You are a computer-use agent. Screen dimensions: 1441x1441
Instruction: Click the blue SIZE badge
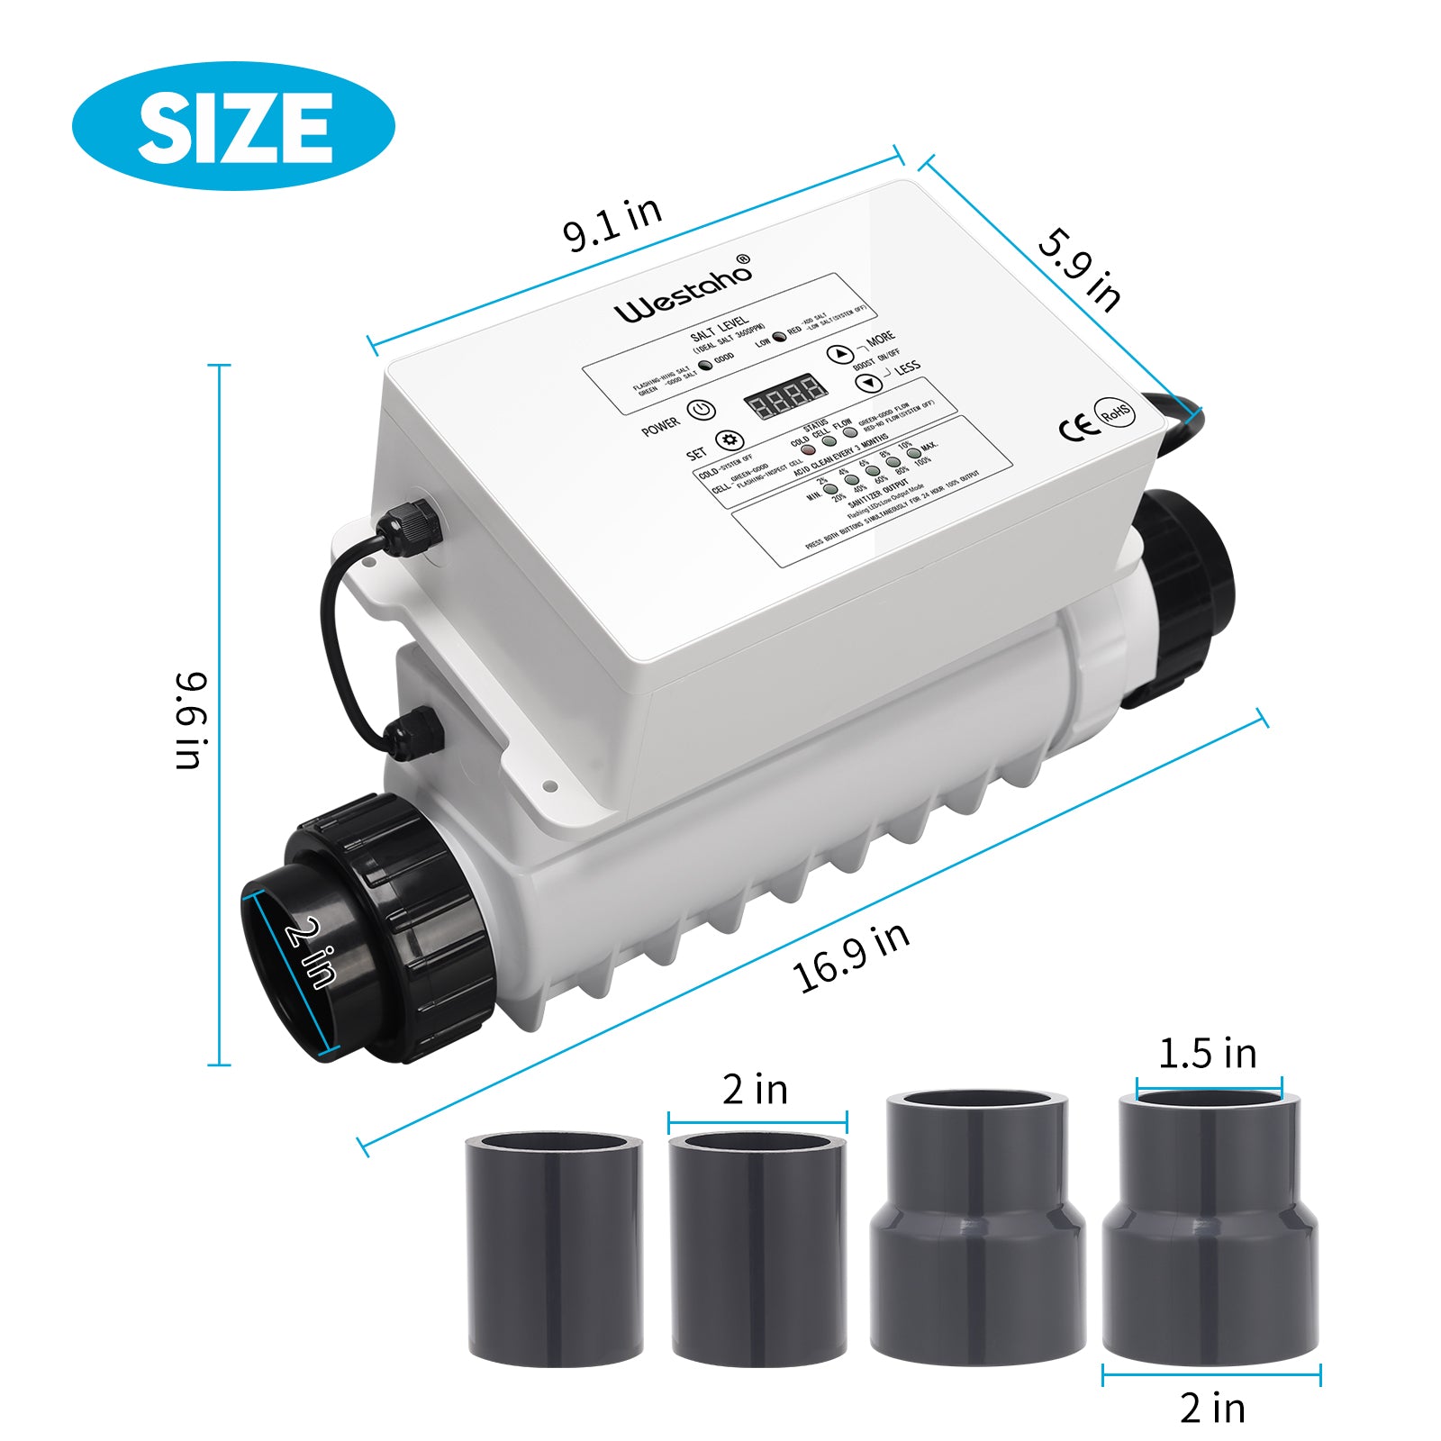(x=233, y=125)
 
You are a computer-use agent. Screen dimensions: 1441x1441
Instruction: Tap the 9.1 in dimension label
(x=612, y=224)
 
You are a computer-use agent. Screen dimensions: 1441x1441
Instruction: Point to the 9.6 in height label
(x=191, y=720)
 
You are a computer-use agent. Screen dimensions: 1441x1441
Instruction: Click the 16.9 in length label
(x=850, y=957)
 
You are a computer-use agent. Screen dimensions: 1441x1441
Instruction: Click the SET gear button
(x=729, y=440)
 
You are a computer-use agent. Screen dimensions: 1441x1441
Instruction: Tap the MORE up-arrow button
(x=839, y=354)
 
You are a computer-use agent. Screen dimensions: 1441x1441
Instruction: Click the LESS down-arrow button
(x=868, y=383)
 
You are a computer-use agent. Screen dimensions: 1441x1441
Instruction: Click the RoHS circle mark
(x=1115, y=413)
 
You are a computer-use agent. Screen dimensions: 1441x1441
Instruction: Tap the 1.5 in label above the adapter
(x=1207, y=1054)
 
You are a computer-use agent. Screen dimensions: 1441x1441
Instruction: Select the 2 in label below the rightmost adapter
(x=1212, y=1407)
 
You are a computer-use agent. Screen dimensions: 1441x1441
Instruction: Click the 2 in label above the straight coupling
(x=755, y=1090)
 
